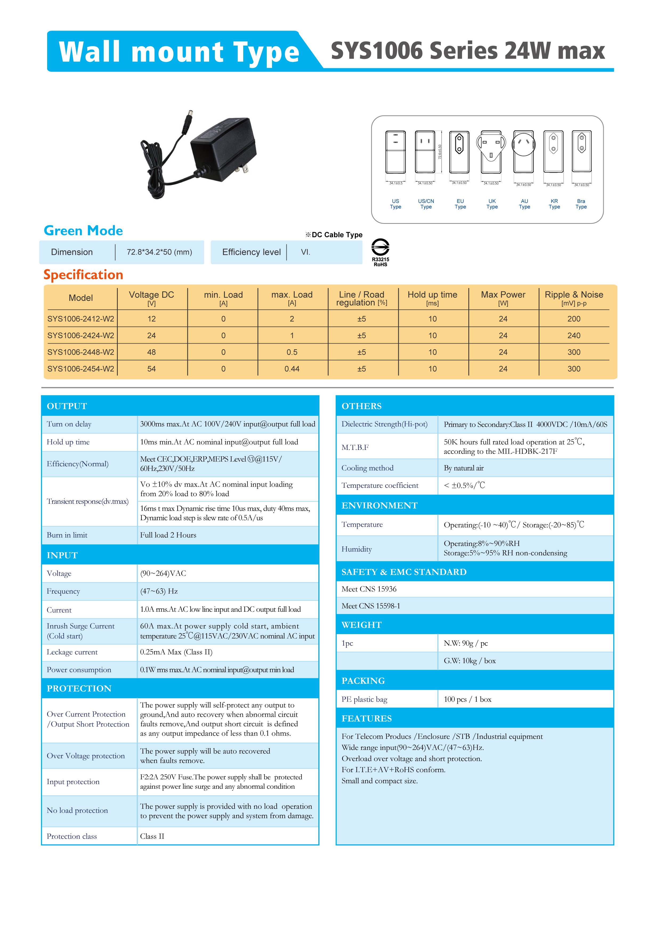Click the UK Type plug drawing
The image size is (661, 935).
coord(491,153)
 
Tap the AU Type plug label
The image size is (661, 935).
coord(524,204)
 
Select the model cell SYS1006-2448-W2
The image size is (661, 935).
coord(80,352)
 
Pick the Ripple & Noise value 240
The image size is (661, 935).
coord(574,336)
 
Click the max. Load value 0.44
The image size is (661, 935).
coord(292,369)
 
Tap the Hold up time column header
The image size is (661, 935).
coord(432,298)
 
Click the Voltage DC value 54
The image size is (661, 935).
coord(151,369)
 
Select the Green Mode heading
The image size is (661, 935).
coord(83,231)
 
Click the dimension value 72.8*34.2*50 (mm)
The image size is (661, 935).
coord(159,252)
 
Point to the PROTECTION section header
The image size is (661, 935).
coord(79,689)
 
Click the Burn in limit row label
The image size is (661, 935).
coord(67,535)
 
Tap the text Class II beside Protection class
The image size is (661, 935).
coord(152,836)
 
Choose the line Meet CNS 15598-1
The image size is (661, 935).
coord(371,606)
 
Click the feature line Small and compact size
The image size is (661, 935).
coord(379,781)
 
